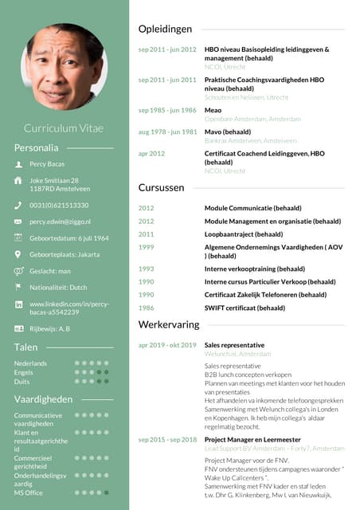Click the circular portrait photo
64,66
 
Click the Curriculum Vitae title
64,127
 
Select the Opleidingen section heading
165,29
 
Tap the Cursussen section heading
162,188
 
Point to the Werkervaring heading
168,325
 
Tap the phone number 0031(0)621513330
59,205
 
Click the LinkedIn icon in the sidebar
18,304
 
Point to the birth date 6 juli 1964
68,237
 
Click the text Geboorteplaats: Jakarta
65,254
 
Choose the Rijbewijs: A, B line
49,328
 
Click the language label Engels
24,372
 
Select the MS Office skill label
29,492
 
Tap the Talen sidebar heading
26,347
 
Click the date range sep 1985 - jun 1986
167,110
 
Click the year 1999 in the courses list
147,248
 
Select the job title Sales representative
234,345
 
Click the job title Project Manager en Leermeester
252,439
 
